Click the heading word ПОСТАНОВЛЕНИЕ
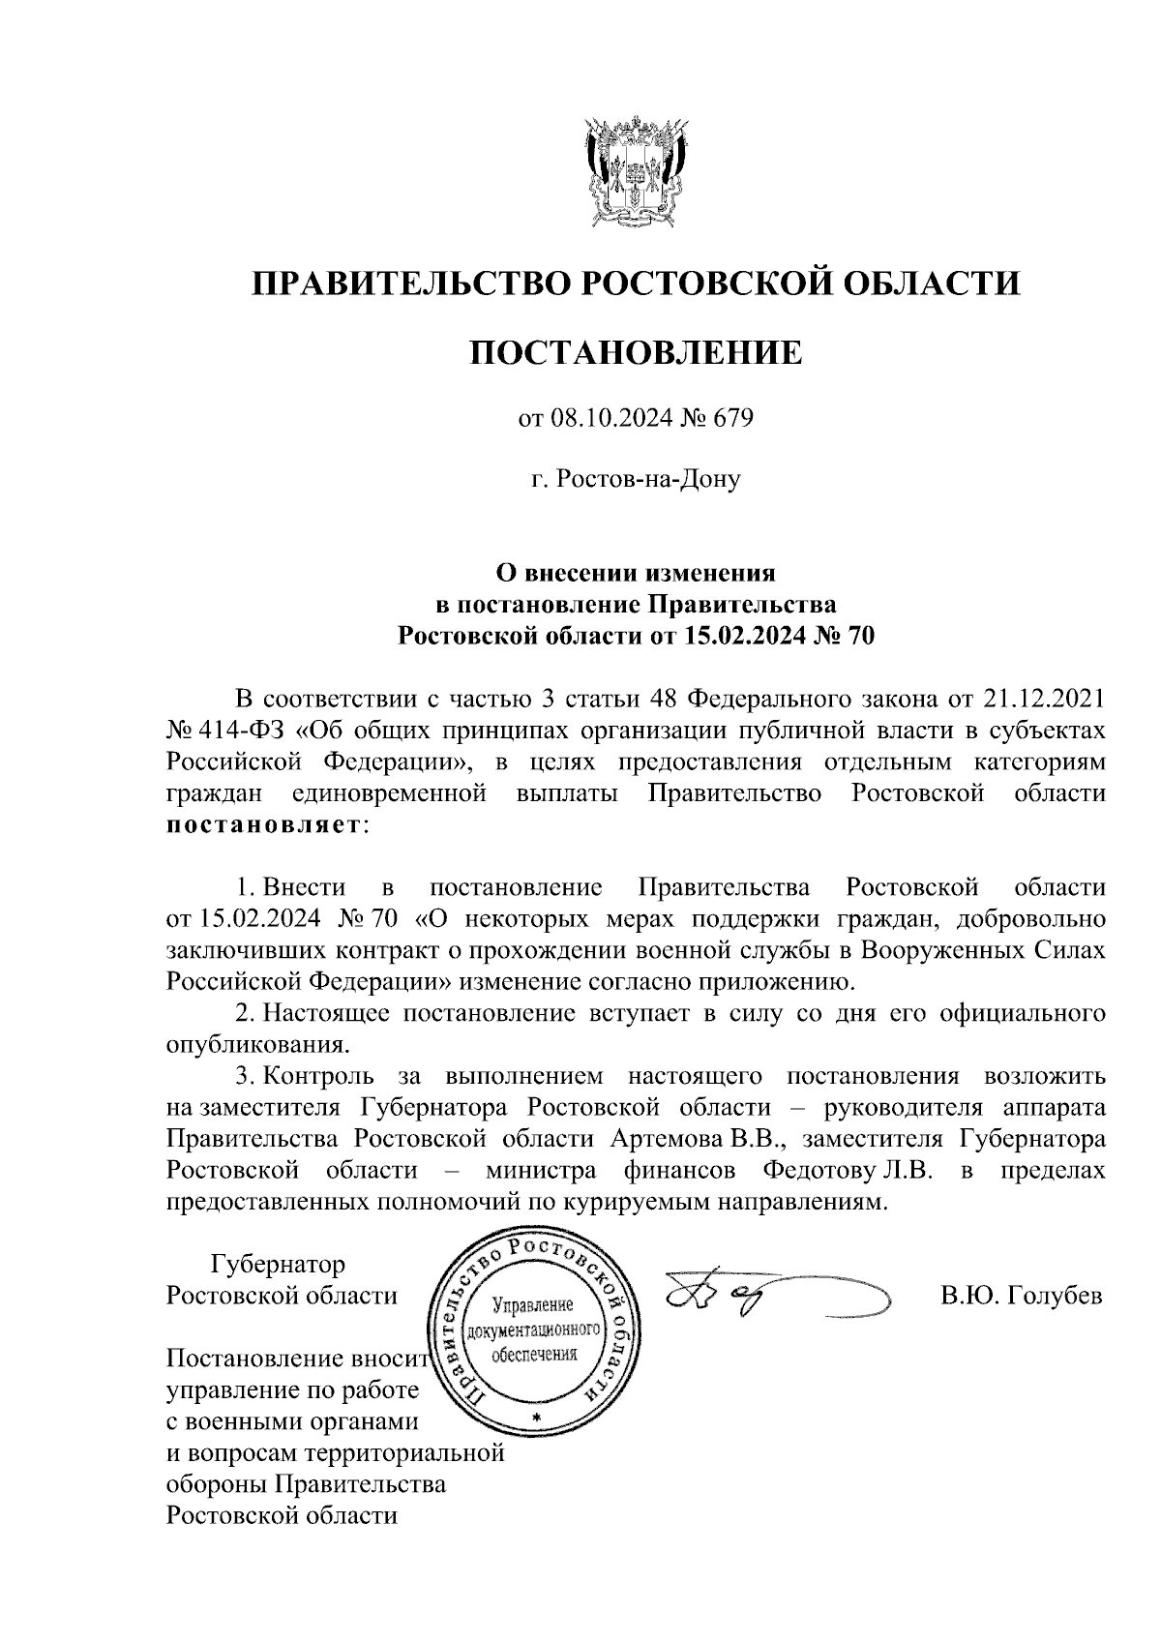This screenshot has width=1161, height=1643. [x=636, y=352]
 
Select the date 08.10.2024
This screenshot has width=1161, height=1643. [x=604, y=419]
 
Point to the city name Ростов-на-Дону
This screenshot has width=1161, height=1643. [x=644, y=479]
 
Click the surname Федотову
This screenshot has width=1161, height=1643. [x=818, y=1171]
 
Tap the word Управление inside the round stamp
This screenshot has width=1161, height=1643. [x=534, y=1305]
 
